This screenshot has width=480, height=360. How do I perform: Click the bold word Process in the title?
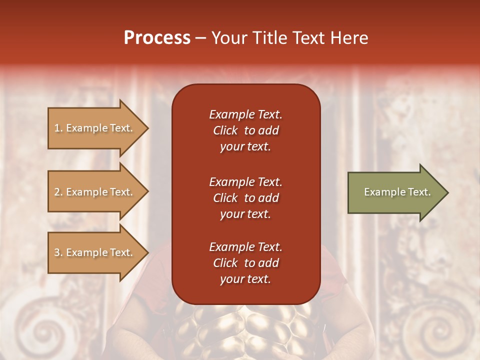click(157, 38)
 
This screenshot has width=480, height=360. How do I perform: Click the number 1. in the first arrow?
click(58, 128)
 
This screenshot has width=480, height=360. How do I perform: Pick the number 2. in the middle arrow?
click(58, 192)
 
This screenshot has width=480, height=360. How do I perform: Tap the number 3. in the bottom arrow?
click(58, 252)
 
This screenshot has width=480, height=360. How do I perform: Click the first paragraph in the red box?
click(245, 130)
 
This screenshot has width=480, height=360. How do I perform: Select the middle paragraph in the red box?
click(245, 198)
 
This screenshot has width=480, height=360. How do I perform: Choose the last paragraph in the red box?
click(245, 263)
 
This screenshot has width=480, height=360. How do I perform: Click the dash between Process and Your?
click(200, 38)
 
